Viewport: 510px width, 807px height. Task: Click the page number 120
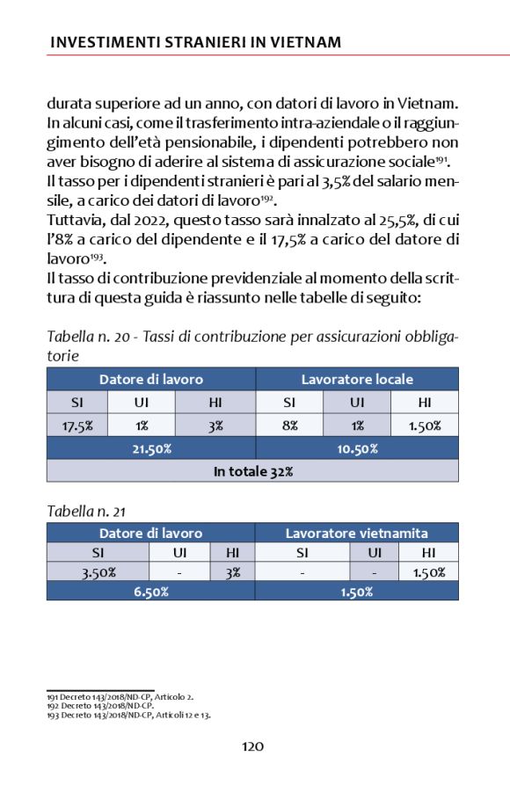pos(252,746)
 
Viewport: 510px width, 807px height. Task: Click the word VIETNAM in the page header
pos(301,42)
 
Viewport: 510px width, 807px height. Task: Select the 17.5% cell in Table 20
pos(77,425)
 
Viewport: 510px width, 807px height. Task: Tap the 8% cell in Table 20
pos(289,425)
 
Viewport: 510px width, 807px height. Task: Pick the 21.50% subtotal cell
pos(151,448)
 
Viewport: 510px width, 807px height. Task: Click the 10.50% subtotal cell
pos(357,448)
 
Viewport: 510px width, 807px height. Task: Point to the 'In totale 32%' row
pos(252,471)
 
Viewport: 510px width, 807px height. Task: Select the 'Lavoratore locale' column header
pos(357,380)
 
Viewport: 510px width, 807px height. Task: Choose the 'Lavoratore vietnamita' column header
pos(357,533)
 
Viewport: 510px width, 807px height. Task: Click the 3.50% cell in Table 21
pos(98,572)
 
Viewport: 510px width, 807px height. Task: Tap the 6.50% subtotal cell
pos(151,592)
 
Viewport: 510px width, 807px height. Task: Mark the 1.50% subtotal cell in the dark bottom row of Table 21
pos(357,592)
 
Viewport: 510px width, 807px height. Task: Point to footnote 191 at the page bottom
pos(121,696)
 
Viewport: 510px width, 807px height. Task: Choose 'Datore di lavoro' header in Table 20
pos(151,380)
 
